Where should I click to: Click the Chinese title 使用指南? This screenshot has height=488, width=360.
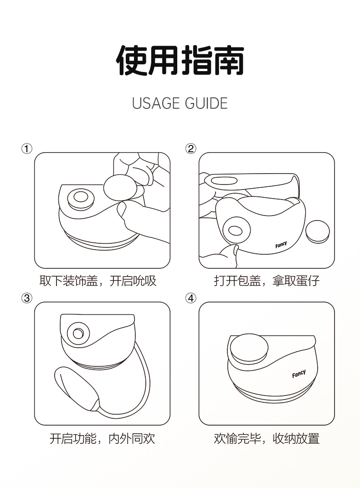(180, 61)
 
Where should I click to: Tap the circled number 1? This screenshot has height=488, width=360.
(27, 149)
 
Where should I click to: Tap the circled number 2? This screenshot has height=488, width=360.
(191, 149)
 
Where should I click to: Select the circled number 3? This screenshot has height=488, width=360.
(27, 298)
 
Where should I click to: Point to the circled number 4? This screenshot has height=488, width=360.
(191, 298)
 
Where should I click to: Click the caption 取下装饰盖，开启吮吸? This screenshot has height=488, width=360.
(98, 281)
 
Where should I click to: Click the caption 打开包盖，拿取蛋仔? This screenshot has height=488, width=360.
(267, 281)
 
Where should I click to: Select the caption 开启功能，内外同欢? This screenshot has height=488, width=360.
(103, 438)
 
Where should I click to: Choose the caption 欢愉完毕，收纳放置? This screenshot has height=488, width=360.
(267, 438)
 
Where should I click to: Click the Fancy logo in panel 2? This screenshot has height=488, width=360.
(281, 245)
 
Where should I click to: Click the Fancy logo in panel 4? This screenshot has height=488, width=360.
(298, 373)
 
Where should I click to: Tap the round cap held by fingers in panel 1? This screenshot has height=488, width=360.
(120, 188)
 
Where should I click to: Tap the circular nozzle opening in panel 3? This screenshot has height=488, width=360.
(78, 334)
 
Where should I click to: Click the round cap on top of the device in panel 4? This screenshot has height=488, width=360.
(249, 349)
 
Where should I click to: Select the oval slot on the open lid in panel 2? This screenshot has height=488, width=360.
(224, 180)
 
